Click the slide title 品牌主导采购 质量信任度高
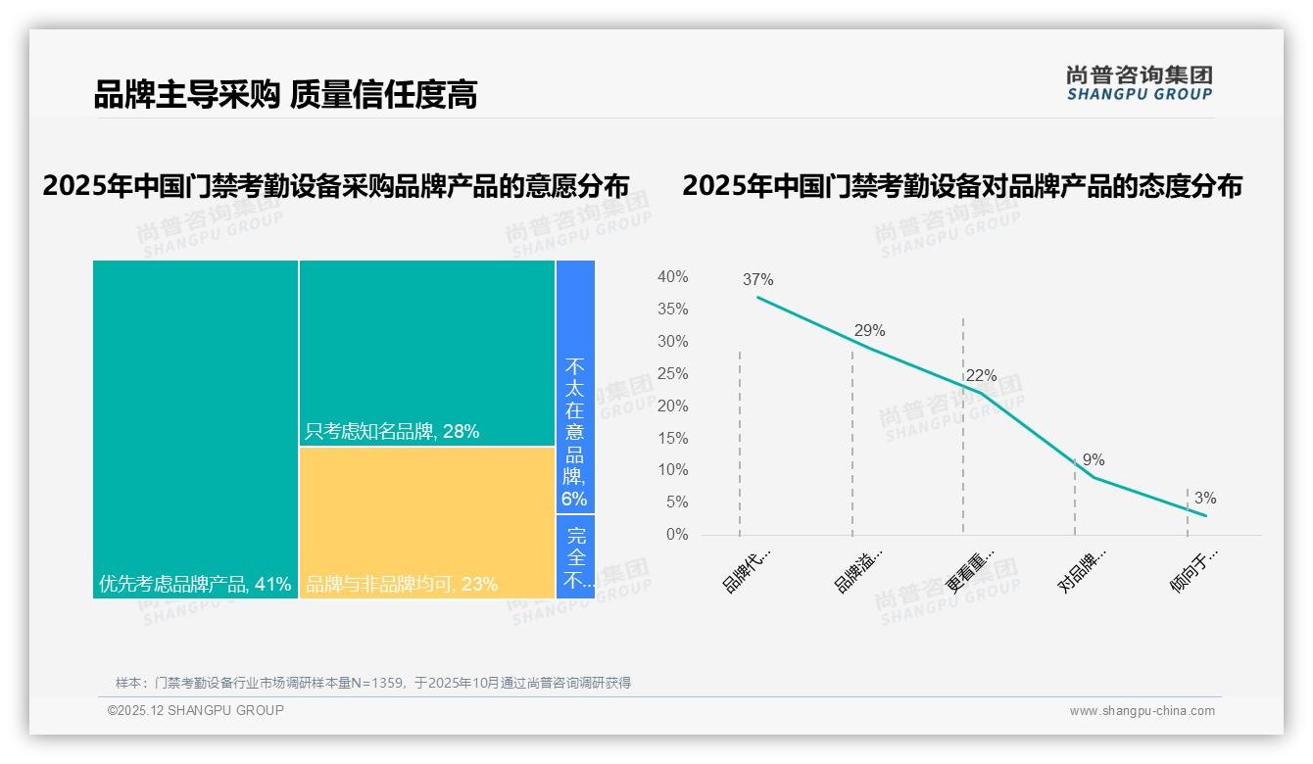(285, 95)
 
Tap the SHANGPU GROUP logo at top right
(1139, 83)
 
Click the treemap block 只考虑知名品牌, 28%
(426, 353)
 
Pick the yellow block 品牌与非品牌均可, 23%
(426, 522)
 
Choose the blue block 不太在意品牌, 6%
(575, 387)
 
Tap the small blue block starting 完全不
(576, 557)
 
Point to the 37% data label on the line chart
(757, 279)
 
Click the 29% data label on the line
(869, 330)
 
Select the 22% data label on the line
(981, 375)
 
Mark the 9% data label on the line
(1094, 459)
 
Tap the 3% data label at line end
(1204, 498)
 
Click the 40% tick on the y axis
(672, 277)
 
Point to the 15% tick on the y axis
(672, 438)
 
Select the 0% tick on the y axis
(676, 535)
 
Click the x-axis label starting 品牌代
(747, 570)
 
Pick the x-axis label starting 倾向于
(1193, 570)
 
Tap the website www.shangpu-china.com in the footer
(1142, 711)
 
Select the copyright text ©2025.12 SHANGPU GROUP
(196, 710)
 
